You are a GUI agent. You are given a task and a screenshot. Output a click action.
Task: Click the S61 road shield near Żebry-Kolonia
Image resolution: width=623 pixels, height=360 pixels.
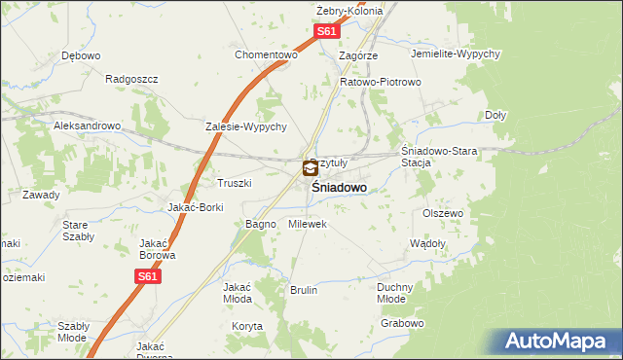coord(327,32)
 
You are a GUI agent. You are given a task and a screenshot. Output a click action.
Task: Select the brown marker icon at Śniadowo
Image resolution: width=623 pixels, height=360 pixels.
coord(311,169)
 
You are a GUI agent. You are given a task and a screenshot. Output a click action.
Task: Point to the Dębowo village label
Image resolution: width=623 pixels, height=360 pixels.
coord(81,55)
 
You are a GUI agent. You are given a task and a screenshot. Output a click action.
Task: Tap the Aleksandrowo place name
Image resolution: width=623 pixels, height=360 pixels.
coord(87,126)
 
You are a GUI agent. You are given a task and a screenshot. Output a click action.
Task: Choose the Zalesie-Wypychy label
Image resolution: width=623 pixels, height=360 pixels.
coord(245,126)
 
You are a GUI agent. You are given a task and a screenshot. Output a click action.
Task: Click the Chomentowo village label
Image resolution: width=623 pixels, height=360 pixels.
coord(265,54)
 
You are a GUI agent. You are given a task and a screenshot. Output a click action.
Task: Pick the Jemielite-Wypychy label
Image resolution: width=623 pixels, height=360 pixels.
coord(456,54)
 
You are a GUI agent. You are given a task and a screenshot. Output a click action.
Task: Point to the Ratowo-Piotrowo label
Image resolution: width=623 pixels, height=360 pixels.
coord(380,82)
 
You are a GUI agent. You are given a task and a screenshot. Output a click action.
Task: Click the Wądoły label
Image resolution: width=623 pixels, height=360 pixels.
coord(428,243)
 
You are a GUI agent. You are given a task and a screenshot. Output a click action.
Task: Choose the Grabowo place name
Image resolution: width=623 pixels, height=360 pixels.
coord(403,323)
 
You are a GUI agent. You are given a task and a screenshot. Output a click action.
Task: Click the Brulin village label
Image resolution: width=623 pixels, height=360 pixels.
coord(304,290)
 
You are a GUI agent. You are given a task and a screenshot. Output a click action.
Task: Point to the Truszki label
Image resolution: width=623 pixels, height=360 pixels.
coord(235,183)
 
